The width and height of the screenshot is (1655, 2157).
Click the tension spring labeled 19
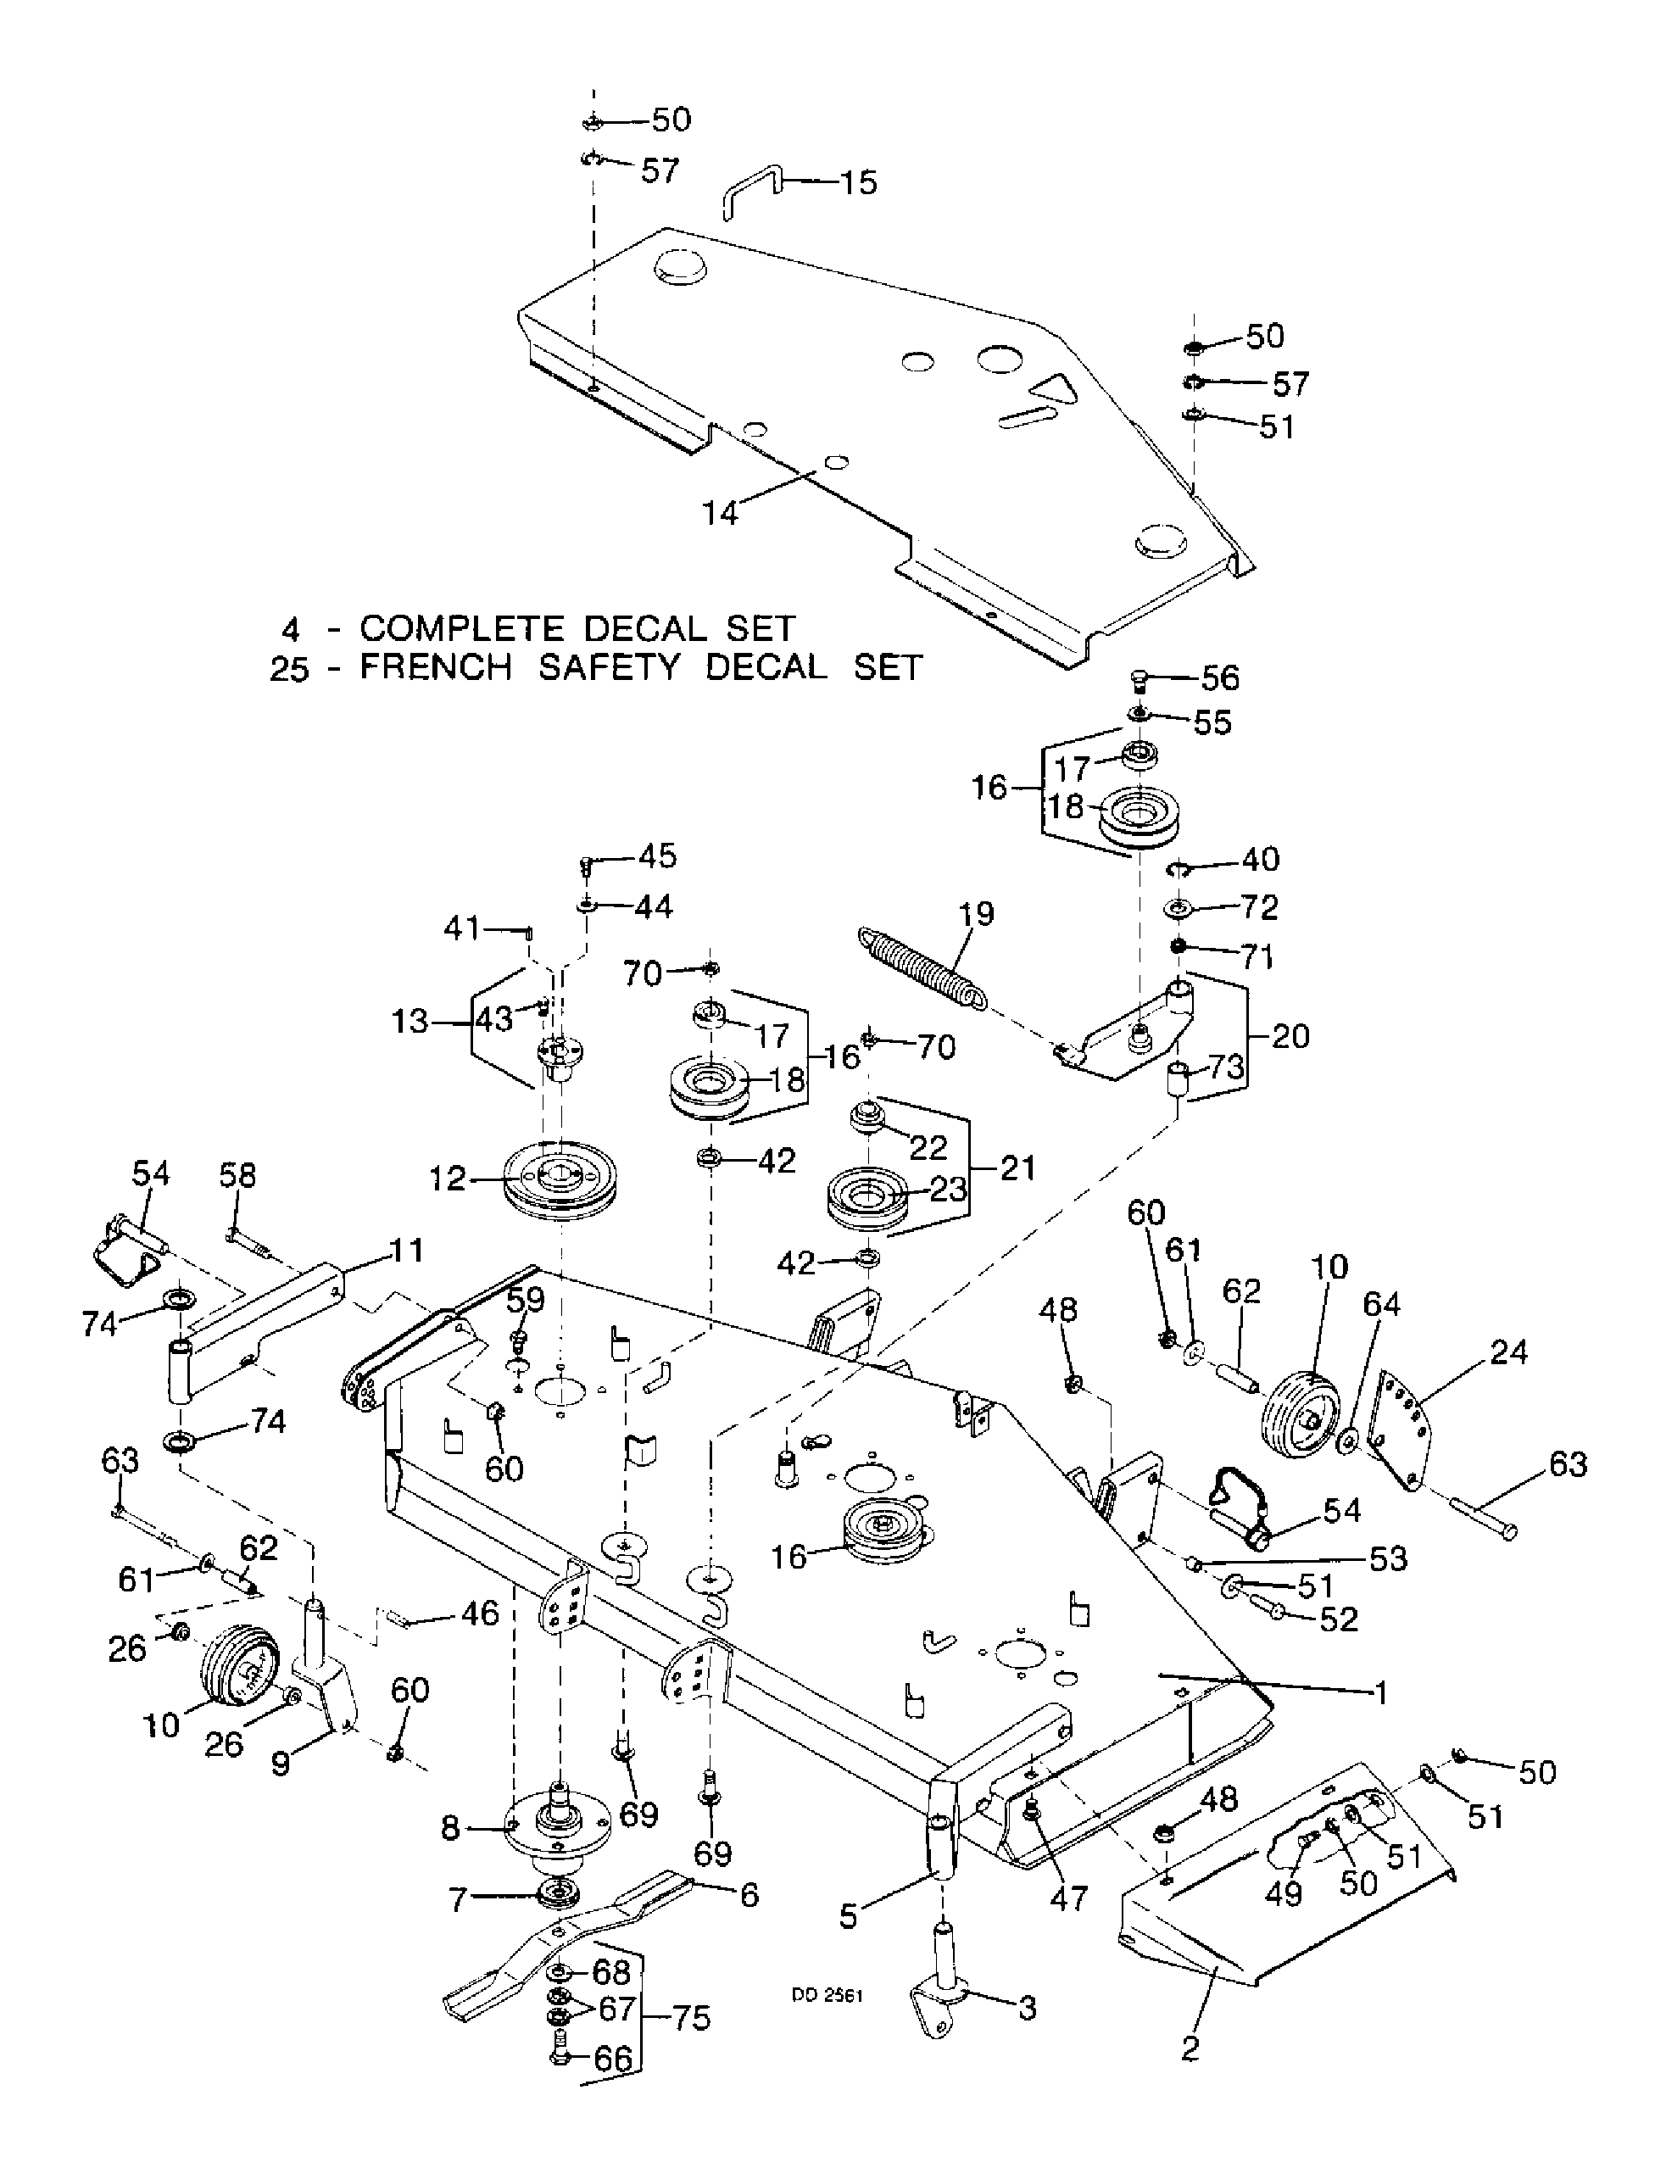coord(920,967)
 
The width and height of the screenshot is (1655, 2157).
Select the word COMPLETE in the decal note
coord(461,627)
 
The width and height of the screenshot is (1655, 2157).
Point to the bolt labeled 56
coord(1140,678)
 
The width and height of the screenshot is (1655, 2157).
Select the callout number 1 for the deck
coord(1381,1693)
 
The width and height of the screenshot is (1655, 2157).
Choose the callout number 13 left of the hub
coord(411,1022)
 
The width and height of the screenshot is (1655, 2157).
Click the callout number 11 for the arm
coord(406,1250)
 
